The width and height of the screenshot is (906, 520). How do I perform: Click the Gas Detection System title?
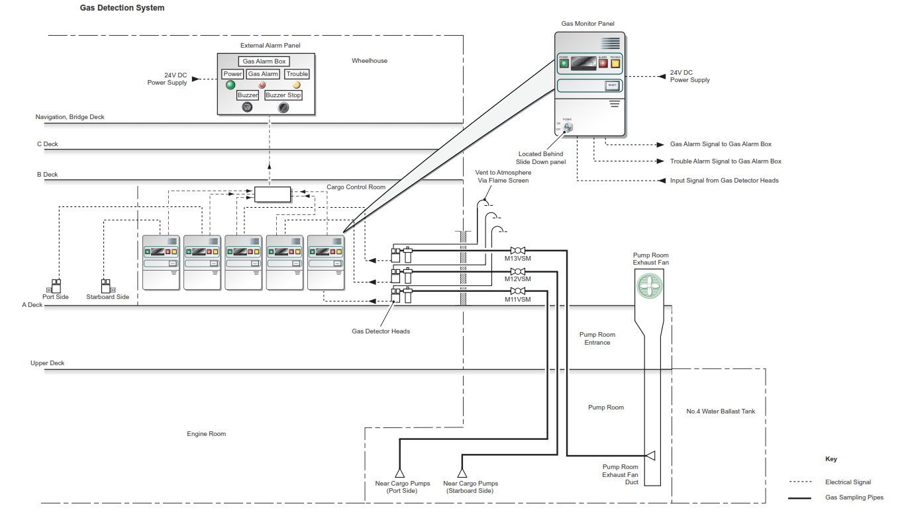point(122,8)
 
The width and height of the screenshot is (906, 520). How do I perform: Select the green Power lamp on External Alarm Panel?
point(230,85)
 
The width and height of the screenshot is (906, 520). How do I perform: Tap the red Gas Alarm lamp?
point(262,85)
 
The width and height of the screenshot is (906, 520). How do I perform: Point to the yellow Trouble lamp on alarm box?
point(297,85)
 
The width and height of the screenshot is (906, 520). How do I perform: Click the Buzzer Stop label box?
point(283,95)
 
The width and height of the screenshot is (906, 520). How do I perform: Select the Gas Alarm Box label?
point(264,62)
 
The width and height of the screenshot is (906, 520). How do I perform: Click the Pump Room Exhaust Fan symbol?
point(649,286)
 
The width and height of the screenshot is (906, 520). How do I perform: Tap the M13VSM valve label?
point(518,259)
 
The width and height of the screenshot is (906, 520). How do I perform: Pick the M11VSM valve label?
point(518,300)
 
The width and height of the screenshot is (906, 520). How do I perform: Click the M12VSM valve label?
point(518,279)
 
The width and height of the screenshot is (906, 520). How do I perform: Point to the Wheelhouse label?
point(370,61)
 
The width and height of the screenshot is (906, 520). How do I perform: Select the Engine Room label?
point(206,434)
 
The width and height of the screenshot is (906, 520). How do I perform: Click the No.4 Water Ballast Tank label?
point(721,412)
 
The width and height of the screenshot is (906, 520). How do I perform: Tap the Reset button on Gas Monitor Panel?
point(612,85)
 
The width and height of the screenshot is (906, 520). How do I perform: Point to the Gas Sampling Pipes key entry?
point(854,498)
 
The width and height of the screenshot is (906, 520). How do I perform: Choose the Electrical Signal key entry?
point(848,482)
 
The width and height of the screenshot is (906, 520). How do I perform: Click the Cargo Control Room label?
point(356,187)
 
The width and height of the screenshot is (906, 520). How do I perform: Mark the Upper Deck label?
point(47,363)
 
